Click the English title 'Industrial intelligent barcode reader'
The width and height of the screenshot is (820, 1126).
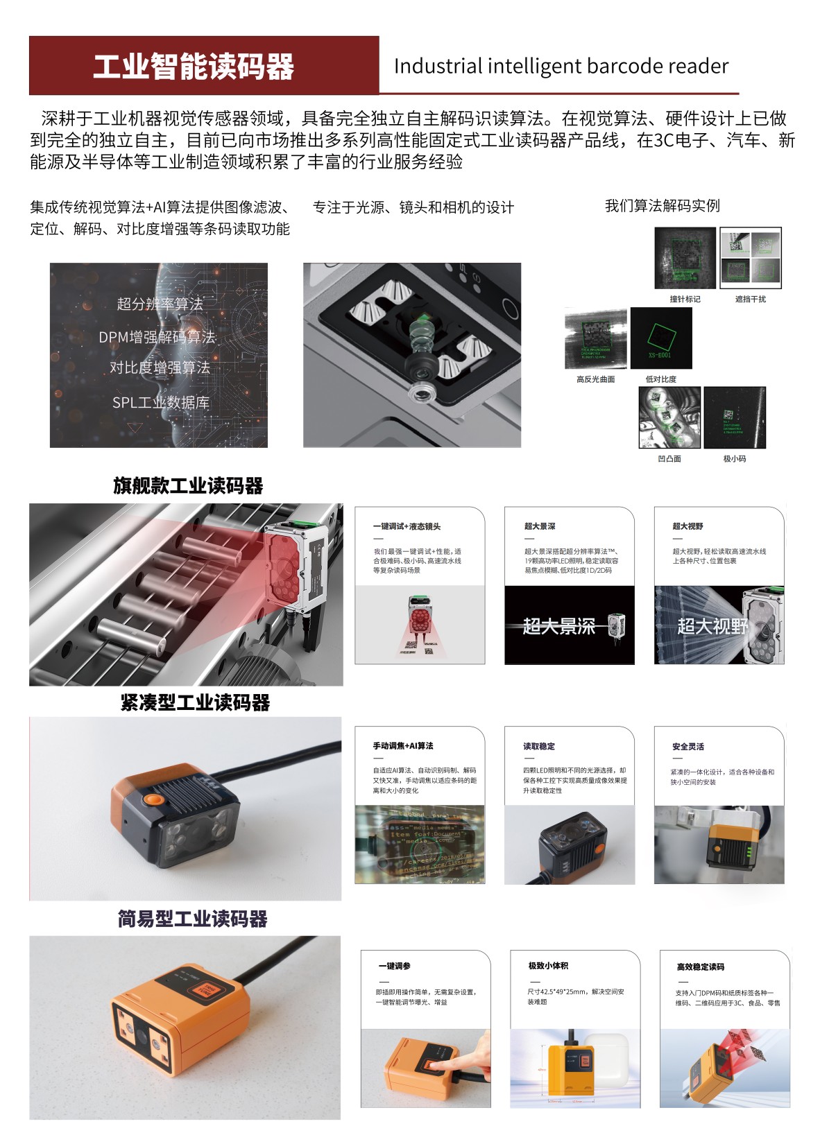[x=561, y=66]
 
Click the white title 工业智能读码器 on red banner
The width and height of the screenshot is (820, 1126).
[x=194, y=67]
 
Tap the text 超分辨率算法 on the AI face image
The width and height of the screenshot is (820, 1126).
[x=160, y=304]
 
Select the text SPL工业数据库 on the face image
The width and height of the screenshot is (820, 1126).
[x=160, y=402]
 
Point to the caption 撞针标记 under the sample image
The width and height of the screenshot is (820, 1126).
[x=684, y=299]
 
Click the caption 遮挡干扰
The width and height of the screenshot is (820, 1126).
[x=750, y=299]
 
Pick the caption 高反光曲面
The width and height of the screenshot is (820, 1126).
[x=595, y=379]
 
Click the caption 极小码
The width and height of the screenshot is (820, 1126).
[x=734, y=458]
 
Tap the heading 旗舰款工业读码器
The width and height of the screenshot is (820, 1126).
[x=188, y=485]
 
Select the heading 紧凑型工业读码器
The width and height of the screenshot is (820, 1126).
[x=195, y=702]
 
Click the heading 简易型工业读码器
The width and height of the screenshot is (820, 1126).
[x=192, y=919]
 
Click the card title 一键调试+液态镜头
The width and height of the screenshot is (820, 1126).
[x=407, y=526]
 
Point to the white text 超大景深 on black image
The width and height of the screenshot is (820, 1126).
[x=558, y=626]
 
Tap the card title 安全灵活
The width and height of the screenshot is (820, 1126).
[x=687, y=746]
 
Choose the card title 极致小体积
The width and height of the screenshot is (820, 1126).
[x=548, y=965]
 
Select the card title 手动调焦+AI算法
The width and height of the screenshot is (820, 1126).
[x=402, y=745]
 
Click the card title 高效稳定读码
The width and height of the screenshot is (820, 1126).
[x=700, y=966]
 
